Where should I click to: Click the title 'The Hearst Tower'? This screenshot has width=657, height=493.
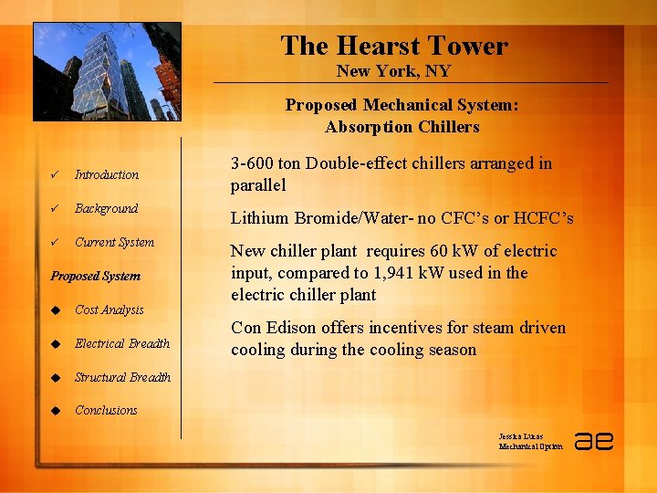393,46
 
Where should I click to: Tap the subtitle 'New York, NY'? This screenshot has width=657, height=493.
393,71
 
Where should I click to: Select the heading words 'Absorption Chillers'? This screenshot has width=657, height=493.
401,127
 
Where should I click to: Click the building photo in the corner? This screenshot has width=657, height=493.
107,72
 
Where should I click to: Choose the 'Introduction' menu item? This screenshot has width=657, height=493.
107,174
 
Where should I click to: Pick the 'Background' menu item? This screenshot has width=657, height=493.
106,208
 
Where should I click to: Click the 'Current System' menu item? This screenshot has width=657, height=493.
114,242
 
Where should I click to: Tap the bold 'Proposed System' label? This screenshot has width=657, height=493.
96,276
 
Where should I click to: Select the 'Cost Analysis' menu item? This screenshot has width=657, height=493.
109,309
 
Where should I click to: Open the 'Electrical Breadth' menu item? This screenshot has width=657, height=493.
122,343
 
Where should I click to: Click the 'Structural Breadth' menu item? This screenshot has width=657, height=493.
122,377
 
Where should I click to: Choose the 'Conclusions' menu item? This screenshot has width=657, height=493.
106,410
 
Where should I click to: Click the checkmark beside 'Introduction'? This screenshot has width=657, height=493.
56,175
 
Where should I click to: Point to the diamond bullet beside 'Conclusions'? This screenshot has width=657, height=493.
55,411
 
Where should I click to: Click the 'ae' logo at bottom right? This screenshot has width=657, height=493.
593,440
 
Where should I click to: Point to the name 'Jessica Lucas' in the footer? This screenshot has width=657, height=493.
522,435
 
